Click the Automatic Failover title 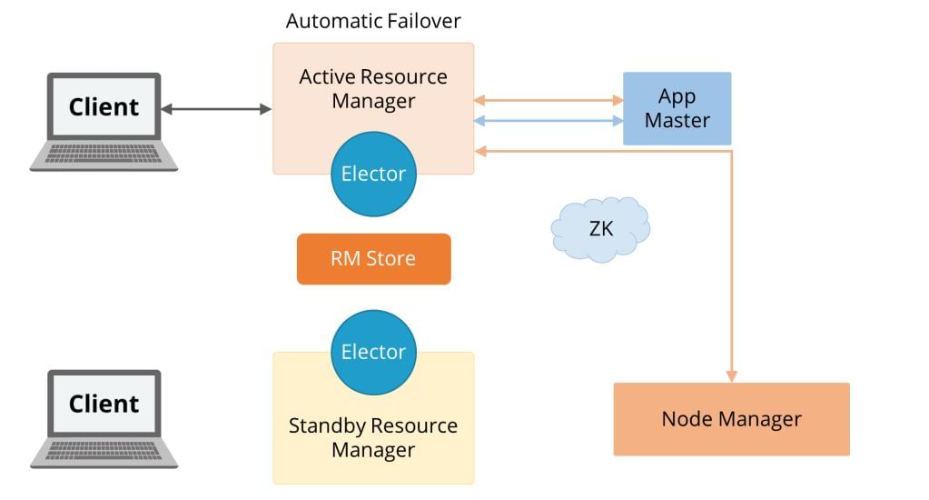click(x=373, y=21)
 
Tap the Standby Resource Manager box click(x=373, y=436)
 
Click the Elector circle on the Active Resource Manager click(x=373, y=174)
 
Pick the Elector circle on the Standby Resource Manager click(x=373, y=352)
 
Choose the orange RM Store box click(x=373, y=259)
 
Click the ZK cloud click(x=600, y=229)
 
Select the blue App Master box click(x=677, y=108)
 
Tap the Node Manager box click(x=731, y=419)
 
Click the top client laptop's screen click(x=104, y=107)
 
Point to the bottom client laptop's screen click(x=104, y=404)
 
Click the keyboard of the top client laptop click(x=104, y=155)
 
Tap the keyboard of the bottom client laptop click(x=104, y=451)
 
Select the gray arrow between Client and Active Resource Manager click(x=216, y=109)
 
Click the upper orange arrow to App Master click(x=548, y=100)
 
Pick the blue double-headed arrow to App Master click(x=548, y=121)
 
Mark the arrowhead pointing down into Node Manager click(x=731, y=375)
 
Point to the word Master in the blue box click(x=677, y=120)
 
